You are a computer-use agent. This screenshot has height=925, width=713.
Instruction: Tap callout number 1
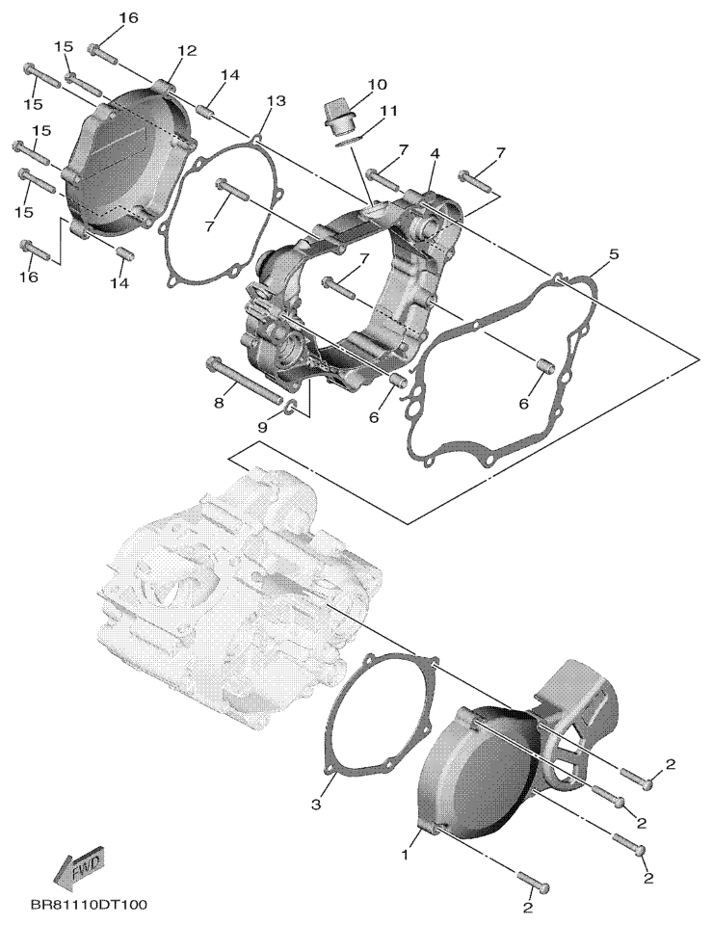[x=405, y=855]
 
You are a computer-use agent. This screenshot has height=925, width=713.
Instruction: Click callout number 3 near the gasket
[x=316, y=804]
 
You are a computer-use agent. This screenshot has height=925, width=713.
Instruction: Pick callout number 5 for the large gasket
[x=614, y=254]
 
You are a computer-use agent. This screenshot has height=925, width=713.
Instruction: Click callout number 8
[x=219, y=403]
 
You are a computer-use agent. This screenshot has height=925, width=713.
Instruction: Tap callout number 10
[x=377, y=85]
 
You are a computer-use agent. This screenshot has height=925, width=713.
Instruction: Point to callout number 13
[x=276, y=101]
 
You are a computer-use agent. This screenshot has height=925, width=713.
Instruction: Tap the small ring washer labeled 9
[x=291, y=406]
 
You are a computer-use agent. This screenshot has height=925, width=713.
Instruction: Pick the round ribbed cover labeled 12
[x=128, y=161]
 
